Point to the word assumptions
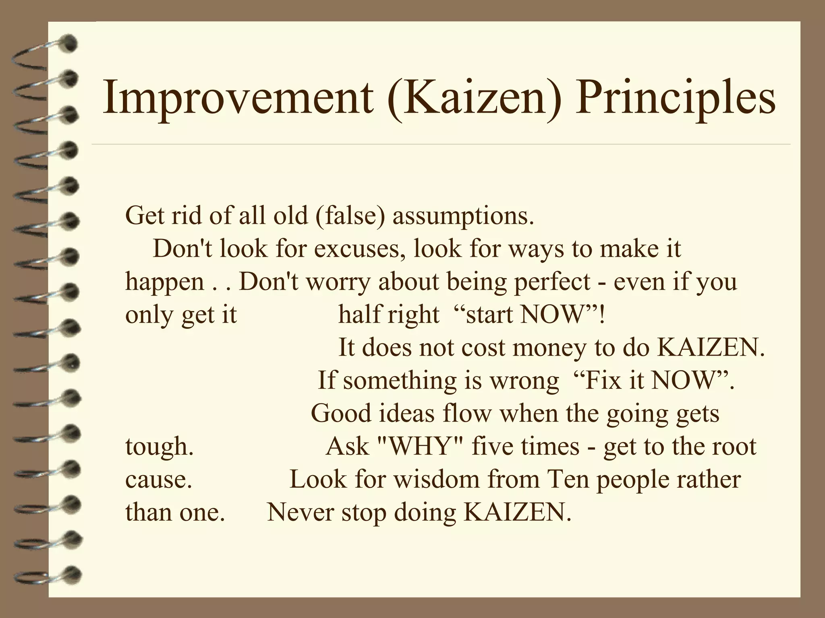(463, 216)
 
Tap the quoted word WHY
(419, 446)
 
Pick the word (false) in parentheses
(350, 216)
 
